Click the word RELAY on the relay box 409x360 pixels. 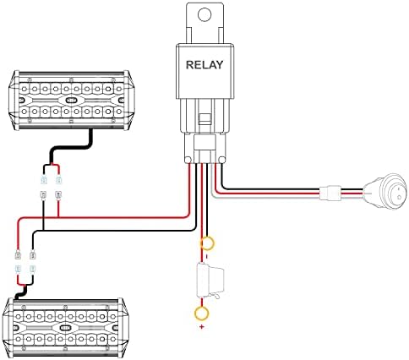(x=204, y=65)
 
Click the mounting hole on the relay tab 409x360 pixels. (x=204, y=14)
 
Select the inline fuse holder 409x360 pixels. (x=210, y=280)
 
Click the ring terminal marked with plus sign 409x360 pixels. (x=202, y=313)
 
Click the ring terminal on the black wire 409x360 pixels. (x=207, y=243)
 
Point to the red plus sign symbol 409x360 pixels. (x=202, y=327)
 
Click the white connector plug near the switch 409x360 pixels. (x=330, y=193)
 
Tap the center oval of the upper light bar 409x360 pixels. (x=72, y=100)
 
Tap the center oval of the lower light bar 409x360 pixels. (x=65, y=328)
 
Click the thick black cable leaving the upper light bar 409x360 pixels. (x=71, y=147)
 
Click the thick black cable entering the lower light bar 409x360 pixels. (x=21, y=292)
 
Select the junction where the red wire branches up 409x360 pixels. (x=58, y=217)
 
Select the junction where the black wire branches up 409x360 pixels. (x=43, y=230)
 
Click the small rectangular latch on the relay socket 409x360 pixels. (x=205, y=118)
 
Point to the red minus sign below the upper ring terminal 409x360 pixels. (x=207, y=256)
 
